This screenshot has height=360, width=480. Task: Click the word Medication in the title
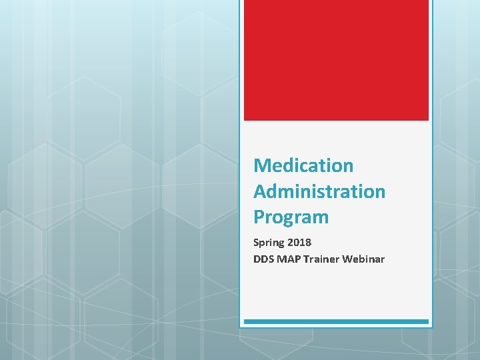pyautogui.click(x=303, y=165)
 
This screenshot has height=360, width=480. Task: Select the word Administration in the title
pyautogui.click(x=319, y=191)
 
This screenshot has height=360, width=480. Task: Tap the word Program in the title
pyautogui.click(x=291, y=217)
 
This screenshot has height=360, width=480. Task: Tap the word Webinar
pyautogui.click(x=363, y=259)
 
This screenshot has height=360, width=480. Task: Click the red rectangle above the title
pyautogui.click(x=336, y=60)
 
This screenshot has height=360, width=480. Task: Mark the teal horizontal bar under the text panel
pyautogui.click(x=336, y=321)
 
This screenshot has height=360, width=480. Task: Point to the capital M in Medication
pyautogui.click(x=261, y=165)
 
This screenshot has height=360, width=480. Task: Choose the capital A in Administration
pyautogui.click(x=260, y=191)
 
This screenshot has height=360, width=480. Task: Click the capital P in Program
pyautogui.click(x=259, y=217)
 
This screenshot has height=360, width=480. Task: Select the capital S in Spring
pyautogui.click(x=256, y=243)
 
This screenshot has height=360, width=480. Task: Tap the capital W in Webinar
pyautogui.click(x=347, y=259)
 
